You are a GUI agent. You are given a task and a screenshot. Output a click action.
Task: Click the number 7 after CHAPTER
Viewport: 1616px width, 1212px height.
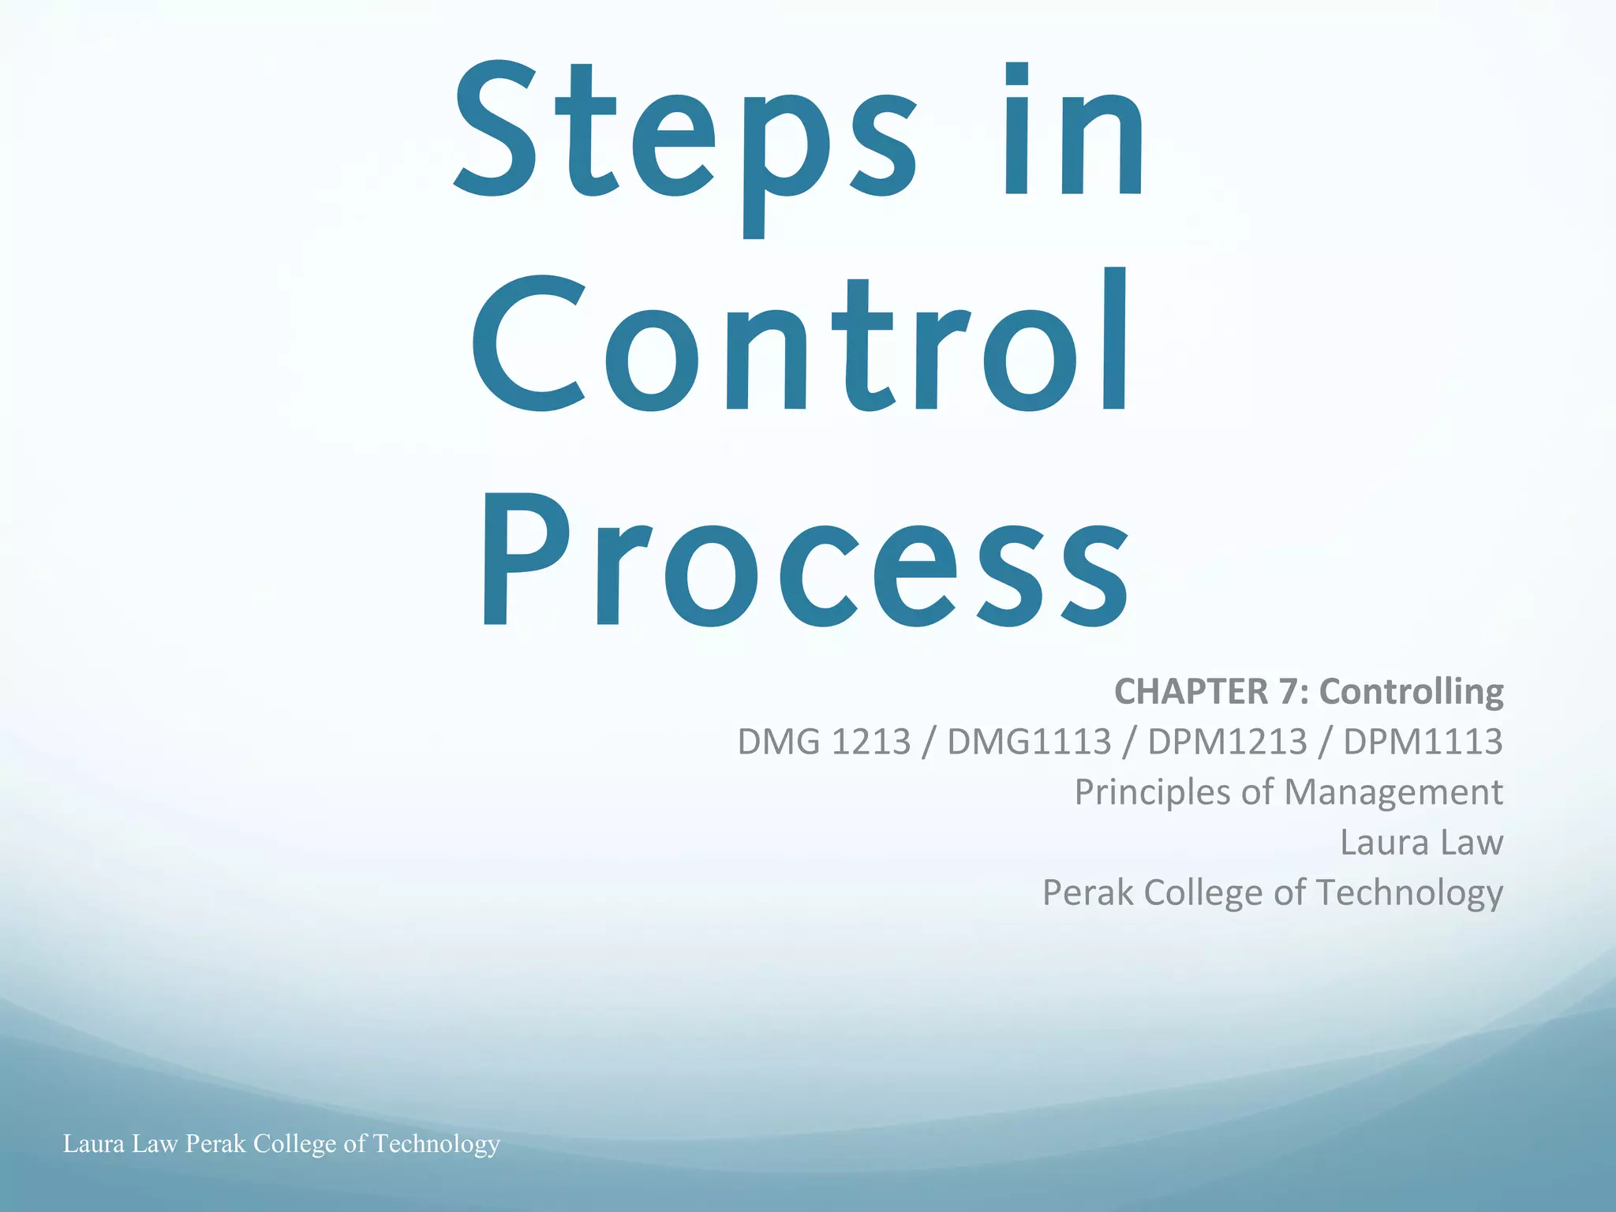pyautogui.click(x=1289, y=692)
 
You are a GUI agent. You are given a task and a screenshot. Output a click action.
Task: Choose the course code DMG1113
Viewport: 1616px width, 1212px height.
pyautogui.click(x=1029, y=743)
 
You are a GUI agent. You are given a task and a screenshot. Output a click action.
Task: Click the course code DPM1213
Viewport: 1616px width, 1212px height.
pyautogui.click(x=1227, y=743)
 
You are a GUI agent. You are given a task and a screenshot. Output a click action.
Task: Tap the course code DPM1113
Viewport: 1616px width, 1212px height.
pyautogui.click(x=1423, y=743)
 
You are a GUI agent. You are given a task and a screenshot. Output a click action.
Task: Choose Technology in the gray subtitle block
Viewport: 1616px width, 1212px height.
pyautogui.click(x=1409, y=894)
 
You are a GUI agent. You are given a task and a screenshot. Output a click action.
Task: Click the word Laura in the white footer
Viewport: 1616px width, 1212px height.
pyautogui.click(x=94, y=1143)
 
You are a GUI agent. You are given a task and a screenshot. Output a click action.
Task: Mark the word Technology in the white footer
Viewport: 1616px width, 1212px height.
pyautogui.click(x=436, y=1144)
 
